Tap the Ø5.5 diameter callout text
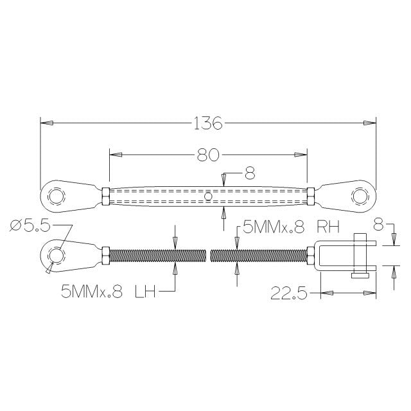click(x=30, y=226)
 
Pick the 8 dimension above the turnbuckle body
click(x=250, y=173)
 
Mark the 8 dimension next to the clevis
click(x=378, y=225)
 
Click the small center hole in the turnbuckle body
click(x=208, y=195)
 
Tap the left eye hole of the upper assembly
click(x=57, y=195)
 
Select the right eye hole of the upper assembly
click(x=360, y=195)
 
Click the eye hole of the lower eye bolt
click(x=57, y=256)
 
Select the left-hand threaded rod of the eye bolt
click(x=161, y=256)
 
